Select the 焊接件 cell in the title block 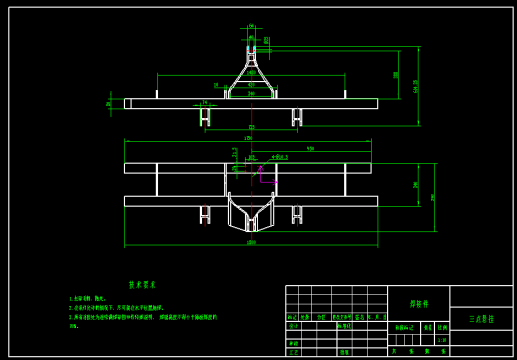(419, 304)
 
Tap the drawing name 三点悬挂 (482, 319)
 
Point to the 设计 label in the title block (293, 326)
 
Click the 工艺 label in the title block (293, 351)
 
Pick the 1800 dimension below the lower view (251, 242)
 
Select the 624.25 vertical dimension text (415, 88)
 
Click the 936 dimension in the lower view (310, 149)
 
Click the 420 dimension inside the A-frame (251, 85)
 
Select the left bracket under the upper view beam (205, 117)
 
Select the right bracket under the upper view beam (297, 117)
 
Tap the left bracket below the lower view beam (205, 214)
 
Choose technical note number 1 (89, 298)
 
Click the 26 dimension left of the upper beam (109, 103)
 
